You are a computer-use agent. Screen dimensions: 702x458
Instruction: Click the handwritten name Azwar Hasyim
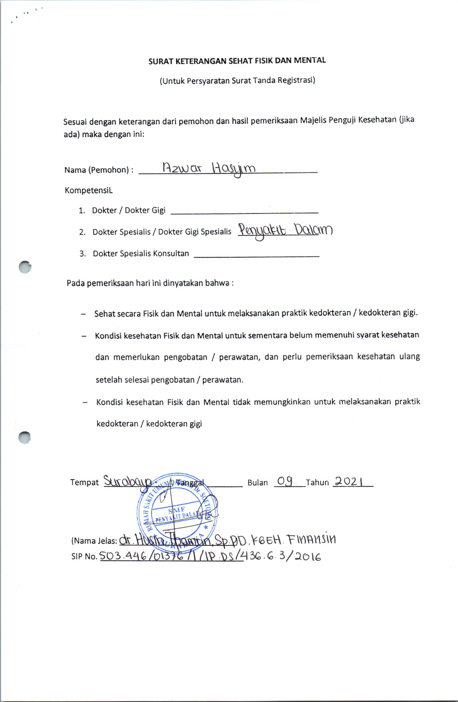[209, 169]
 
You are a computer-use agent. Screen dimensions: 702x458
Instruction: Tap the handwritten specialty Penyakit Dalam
[285, 231]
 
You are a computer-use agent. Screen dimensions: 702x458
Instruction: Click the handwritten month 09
[285, 481]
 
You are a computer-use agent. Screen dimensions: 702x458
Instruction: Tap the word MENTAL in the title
[310, 61]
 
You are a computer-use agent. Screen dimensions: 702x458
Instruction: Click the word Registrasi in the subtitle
[296, 80]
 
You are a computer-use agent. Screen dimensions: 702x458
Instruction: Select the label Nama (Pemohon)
[97, 170]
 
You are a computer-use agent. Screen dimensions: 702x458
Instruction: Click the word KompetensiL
[89, 190]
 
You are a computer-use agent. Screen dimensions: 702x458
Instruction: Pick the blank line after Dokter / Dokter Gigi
[244, 212]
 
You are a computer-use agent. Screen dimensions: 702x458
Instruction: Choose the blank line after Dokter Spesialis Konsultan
[256, 255]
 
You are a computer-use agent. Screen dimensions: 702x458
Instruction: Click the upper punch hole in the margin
[25, 267]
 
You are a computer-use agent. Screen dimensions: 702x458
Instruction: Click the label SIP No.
[84, 556]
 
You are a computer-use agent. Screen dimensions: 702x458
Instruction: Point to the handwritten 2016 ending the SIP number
[310, 557]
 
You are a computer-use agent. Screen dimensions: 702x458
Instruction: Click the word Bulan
[257, 483]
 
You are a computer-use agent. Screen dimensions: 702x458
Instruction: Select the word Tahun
[317, 483]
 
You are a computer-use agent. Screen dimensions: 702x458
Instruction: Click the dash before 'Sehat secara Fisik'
[84, 314]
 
